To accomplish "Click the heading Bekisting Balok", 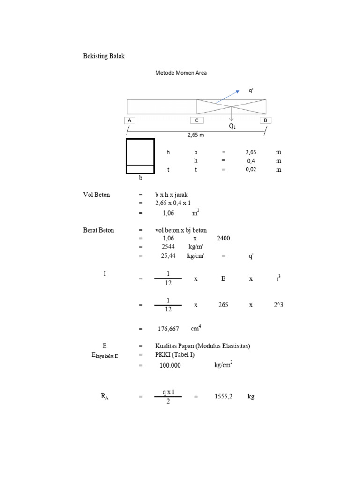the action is [104, 56].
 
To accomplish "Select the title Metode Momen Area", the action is [181, 73].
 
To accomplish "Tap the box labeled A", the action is [129, 120].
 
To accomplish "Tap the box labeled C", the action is [197, 120].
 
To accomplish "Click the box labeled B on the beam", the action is [265, 120].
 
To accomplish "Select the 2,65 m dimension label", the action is [196, 135].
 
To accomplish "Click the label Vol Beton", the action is [97, 195].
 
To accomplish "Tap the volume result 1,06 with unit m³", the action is [168, 213].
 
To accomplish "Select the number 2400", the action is [224, 239].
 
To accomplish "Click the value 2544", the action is [168, 247].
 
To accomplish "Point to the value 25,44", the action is [168, 256].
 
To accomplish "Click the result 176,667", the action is [168, 330].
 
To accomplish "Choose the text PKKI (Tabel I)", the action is [175, 355].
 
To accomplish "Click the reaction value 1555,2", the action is [224, 397].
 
